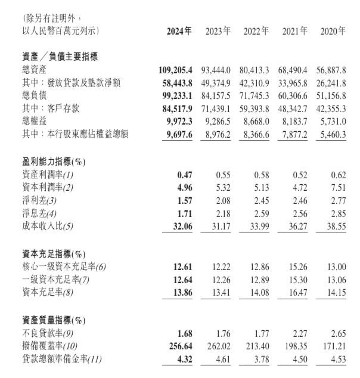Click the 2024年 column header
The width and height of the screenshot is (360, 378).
[179, 30]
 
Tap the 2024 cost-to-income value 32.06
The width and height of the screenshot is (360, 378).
[182, 225]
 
